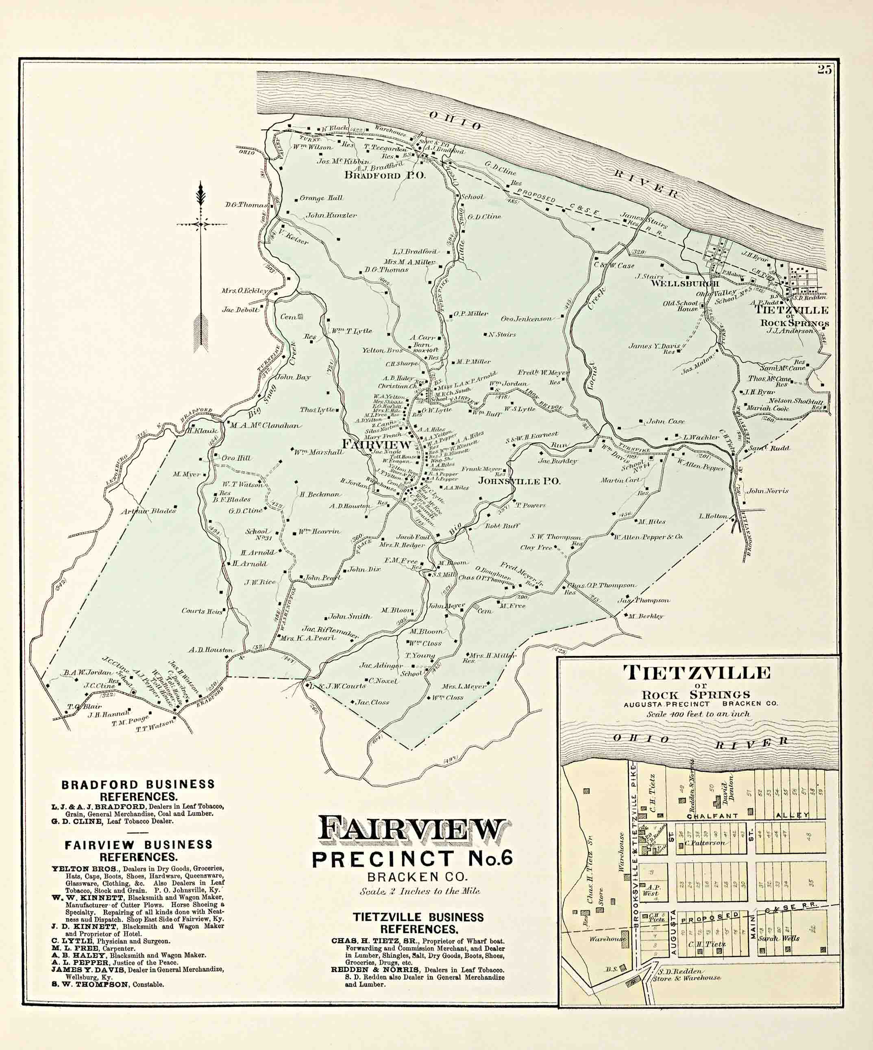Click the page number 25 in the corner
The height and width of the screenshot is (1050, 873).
click(x=825, y=70)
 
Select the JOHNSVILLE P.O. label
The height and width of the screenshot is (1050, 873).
click(x=519, y=481)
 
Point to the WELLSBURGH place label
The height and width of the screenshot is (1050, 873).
click(x=678, y=284)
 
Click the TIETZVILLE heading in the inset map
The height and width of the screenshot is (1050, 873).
click(x=697, y=673)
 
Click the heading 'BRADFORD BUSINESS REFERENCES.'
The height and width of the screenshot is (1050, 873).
click(x=138, y=790)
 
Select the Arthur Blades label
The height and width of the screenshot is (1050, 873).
click(x=148, y=511)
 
